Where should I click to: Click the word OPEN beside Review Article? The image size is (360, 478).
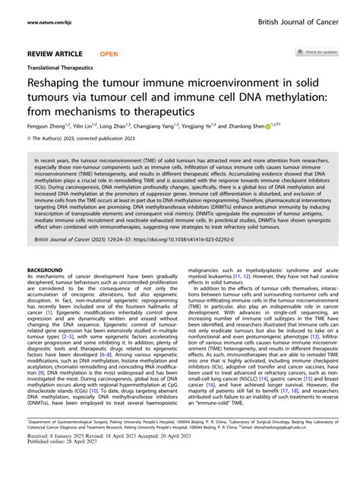pos(109,54)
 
